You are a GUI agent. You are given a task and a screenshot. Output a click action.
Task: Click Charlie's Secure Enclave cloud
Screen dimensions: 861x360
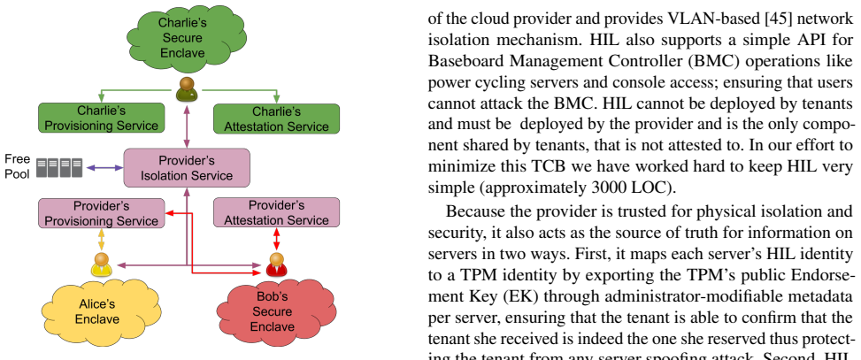click(186, 38)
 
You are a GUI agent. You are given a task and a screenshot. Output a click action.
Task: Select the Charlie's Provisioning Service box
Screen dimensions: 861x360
click(102, 118)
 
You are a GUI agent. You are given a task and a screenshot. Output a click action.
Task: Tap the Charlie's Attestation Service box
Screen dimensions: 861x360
click(276, 119)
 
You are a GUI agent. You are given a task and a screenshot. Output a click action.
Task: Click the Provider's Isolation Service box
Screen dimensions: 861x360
click(187, 168)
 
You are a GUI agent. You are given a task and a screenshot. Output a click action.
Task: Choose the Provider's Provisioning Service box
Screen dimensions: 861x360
click(102, 213)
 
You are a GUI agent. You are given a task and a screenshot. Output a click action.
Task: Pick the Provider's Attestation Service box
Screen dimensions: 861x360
click(276, 213)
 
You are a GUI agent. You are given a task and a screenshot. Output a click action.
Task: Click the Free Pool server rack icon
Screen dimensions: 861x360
click(59, 168)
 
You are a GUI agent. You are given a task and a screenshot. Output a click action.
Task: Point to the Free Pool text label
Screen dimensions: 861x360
click(17, 167)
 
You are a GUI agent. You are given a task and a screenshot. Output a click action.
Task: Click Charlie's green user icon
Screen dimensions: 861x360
click(187, 89)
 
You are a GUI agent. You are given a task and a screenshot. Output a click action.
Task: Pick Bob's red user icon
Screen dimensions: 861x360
click(276, 264)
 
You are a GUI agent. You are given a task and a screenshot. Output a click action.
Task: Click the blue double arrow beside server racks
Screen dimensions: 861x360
click(104, 168)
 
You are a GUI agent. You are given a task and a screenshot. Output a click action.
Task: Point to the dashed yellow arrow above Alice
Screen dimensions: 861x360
click(101, 240)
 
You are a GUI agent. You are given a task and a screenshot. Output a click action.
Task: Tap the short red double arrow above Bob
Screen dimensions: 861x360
click(276, 240)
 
